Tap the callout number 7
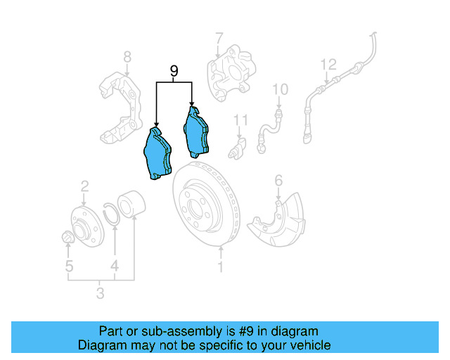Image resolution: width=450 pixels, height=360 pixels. pyautogui.click(x=219, y=37)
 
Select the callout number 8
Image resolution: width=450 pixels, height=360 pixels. pyautogui.click(x=127, y=57)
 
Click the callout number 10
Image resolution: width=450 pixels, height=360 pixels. pyautogui.click(x=280, y=89)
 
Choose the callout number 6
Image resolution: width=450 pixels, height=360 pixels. pyautogui.click(x=278, y=181)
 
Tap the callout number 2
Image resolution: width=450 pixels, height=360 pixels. pyautogui.click(x=84, y=186)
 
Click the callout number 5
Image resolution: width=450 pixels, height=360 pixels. pyautogui.click(x=69, y=266)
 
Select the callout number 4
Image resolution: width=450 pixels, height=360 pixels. pyautogui.click(x=114, y=266)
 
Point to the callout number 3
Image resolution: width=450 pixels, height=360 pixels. pyautogui.click(x=101, y=292)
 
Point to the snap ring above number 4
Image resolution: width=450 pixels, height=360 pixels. pyautogui.click(x=110, y=212)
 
